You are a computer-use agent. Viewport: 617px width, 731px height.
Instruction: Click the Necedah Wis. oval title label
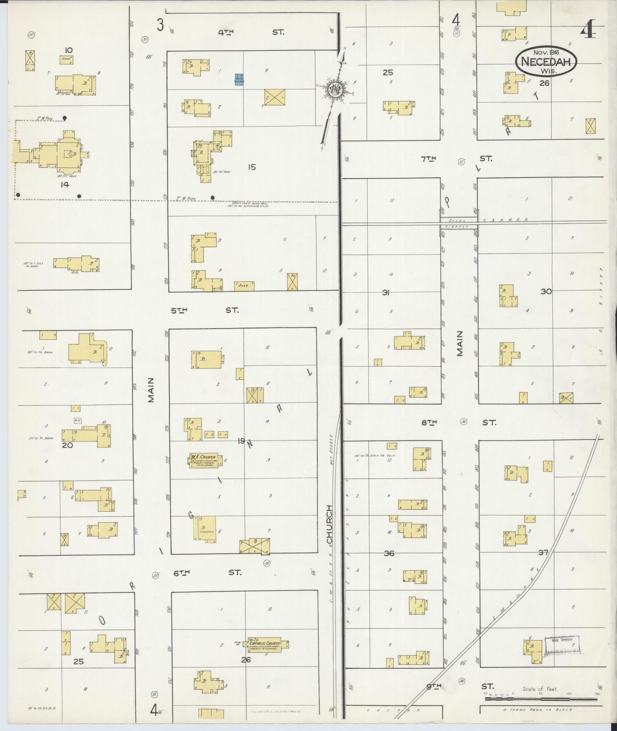tap(545, 62)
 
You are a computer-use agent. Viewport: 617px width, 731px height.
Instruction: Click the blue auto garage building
tap(239, 79)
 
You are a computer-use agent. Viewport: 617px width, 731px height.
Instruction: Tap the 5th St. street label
tap(205, 310)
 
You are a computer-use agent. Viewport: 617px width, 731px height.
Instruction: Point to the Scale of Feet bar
tap(540, 699)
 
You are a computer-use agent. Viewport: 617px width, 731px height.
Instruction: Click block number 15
tap(251, 167)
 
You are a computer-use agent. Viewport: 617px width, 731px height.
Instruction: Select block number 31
tap(386, 293)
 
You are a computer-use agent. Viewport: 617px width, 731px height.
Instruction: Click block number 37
tap(543, 552)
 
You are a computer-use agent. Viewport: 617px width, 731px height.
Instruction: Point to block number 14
tap(65, 185)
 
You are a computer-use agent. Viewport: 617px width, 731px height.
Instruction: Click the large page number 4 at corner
tap(588, 31)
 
